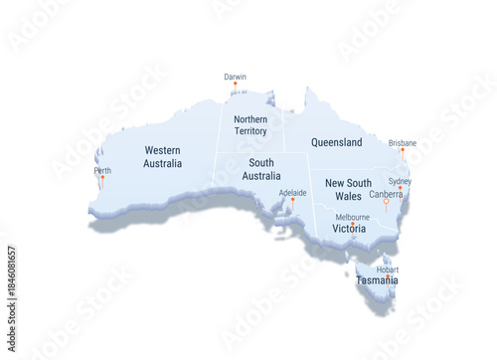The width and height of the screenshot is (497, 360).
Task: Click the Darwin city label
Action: pos(235,77)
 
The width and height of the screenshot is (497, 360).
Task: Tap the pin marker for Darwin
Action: pos(235,85)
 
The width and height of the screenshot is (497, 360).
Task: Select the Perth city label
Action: pos(102,170)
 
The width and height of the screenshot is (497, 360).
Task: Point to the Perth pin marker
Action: pos(102,178)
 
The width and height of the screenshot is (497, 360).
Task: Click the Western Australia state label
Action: pos(162,156)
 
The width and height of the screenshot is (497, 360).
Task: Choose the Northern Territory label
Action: pos(250,125)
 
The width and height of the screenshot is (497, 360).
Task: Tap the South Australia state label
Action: pos(262,169)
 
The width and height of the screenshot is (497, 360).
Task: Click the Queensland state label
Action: pos(336,142)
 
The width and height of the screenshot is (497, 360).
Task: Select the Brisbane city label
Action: pos(403,143)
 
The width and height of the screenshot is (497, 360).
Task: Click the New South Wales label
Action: pos(348,189)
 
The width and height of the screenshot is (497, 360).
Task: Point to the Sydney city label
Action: pos(400,181)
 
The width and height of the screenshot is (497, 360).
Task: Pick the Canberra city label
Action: pos(386,194)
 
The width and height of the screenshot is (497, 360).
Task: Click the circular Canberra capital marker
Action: pos(386,202)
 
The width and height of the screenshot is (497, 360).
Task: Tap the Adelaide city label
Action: pos(292,192)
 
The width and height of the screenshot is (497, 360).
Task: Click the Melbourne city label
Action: pos(352,217)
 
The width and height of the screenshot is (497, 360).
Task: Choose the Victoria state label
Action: pos(349,229)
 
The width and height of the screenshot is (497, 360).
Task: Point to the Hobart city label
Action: pos(388,269)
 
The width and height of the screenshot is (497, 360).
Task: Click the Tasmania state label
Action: pos(378,280)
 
